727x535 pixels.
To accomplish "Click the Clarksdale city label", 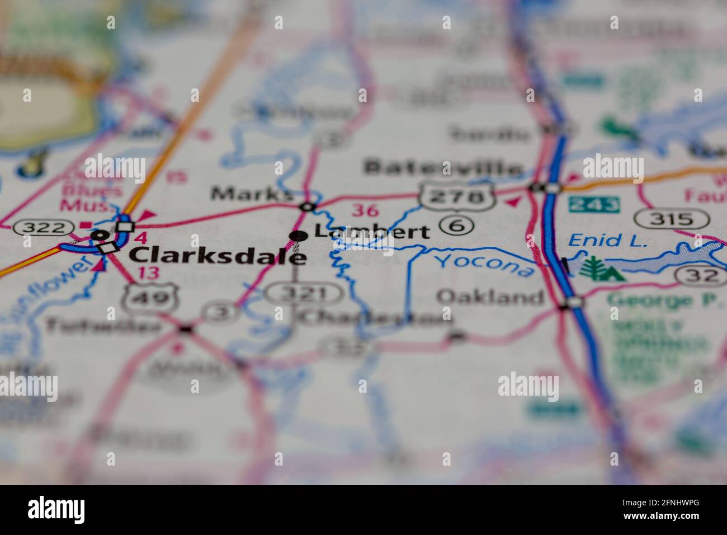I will (218, 255).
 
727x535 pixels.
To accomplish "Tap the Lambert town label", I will (372, 232).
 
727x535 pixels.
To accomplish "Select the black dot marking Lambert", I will (298, 236).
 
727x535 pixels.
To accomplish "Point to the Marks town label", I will (251, 194).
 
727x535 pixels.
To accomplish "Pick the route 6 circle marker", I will (456, 225).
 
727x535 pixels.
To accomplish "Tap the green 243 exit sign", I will (594, 204).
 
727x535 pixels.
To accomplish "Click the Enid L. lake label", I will (607, 241).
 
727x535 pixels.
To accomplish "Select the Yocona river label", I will (484, 265).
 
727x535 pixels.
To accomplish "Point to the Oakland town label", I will (490, 297).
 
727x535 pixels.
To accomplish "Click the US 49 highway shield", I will (150, 296).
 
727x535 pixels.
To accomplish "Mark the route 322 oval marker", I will (44, 227).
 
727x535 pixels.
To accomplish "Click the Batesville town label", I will (443, 167).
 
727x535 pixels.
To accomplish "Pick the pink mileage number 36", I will (365, 211).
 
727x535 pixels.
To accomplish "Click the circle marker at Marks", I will (307, 207).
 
